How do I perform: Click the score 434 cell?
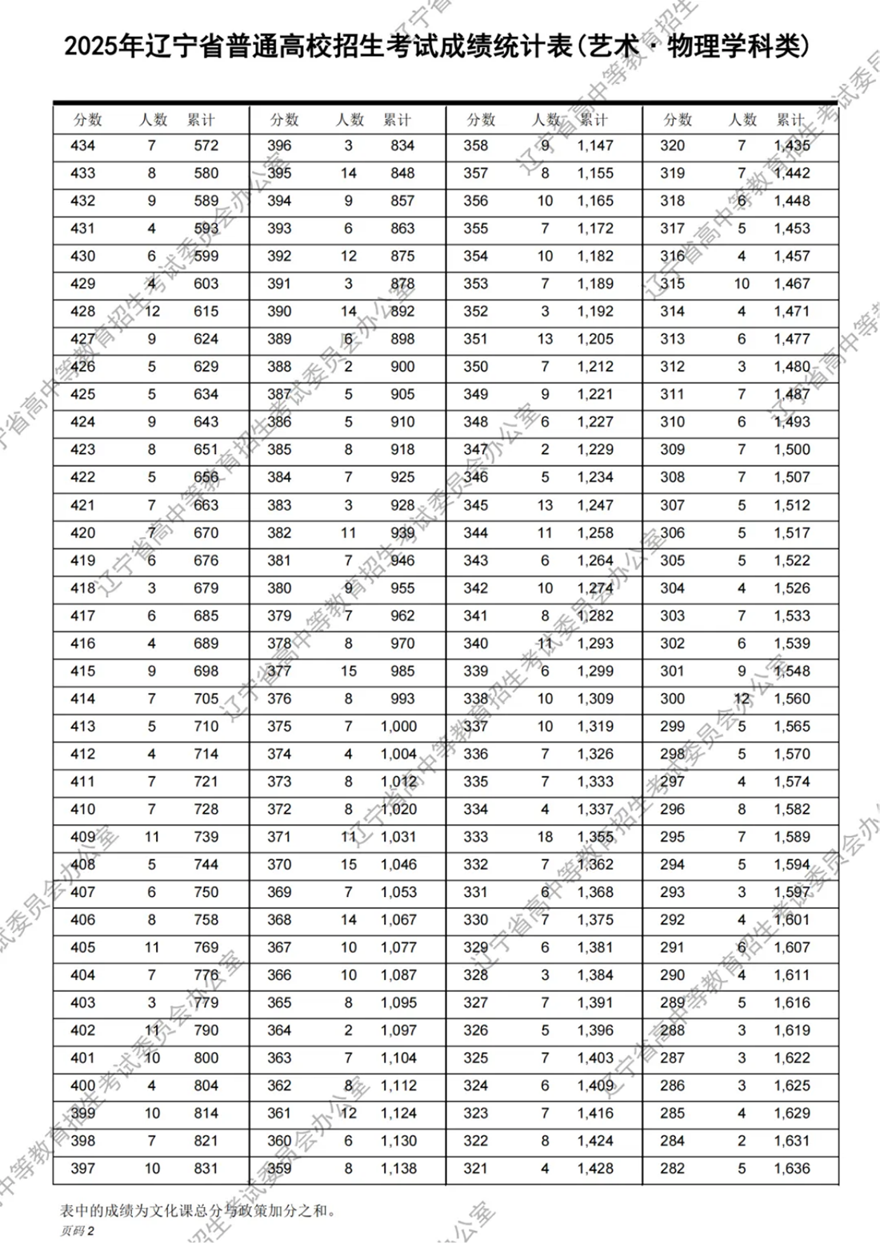coord(82,145)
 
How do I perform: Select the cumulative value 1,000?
coord(398,726)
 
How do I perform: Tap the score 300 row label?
coord(672,699)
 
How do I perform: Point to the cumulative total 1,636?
coord(791,1168)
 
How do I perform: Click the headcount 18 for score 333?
coord(545,837)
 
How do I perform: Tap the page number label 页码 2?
coord(78,1231)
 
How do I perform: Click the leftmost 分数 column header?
coord(88,120)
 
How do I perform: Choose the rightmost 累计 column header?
coord(791,120)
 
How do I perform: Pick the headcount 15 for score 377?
coord(349,671)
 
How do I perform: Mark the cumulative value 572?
coord(206,145)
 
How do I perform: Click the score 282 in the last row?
coord(672,1168)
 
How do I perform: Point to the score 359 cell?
coord(279,1168)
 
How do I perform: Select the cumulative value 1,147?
coord(595,145)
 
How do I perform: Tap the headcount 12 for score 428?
coord(152,311)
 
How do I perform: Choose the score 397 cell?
coord(82,1168)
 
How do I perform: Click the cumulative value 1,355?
coord(595,837)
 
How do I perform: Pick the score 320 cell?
coord(672,145)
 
